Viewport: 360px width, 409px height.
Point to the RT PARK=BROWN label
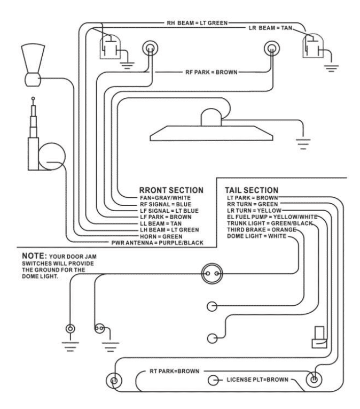pos(174,371)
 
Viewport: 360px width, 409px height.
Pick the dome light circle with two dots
pos(211,274)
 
